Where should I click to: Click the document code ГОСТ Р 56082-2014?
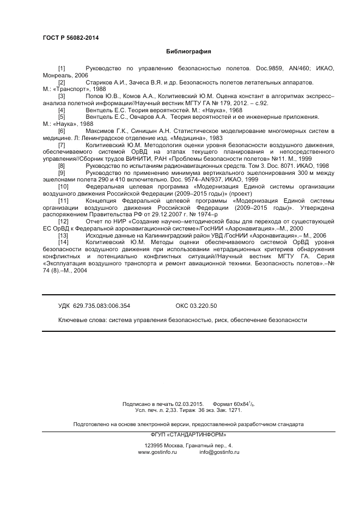point(66,38)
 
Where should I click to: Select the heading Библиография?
point(188,52)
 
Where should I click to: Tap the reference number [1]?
point(62,69)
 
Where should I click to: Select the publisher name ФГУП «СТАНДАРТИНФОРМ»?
point(188,434)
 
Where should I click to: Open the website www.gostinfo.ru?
point(158,452)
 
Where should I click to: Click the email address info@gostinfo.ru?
point(219,452)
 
